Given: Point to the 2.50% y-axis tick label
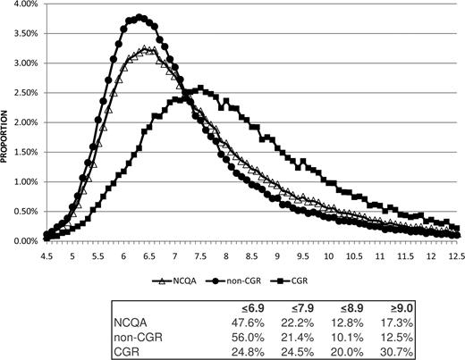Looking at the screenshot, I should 20,93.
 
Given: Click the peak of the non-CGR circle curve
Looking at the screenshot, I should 140,17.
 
